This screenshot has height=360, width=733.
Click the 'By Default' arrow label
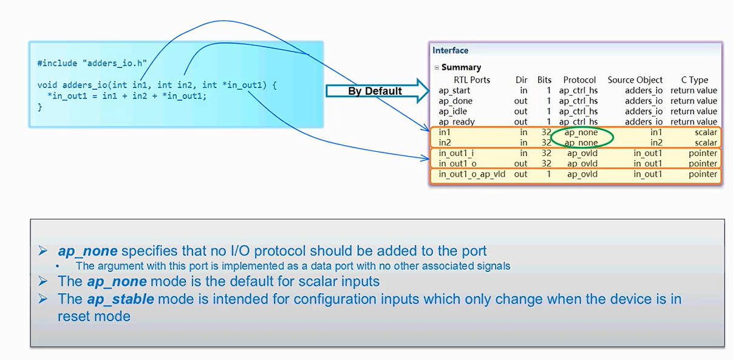tap(375, 91)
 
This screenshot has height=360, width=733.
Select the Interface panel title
tap(450, 50)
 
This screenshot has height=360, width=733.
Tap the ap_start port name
tap(454, 90)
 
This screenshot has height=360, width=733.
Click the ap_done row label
tap(455, 101)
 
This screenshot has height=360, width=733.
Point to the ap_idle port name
tap(453, 111)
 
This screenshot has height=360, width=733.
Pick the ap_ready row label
tap(457, 122)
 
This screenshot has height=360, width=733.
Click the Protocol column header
tap(579, 80)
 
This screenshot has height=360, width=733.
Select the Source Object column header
tap(635, 80)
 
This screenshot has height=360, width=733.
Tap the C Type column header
tap(694, 80)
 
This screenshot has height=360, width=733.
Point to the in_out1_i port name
tap(456, 153)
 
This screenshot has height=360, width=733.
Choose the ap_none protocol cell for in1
tap(581, 132)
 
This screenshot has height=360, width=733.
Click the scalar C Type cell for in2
tap(706, 143)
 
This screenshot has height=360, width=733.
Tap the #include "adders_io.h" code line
tap(92, 63)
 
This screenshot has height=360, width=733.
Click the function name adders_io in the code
tap(83, 85)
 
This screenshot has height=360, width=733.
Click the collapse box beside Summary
tap(437, 67)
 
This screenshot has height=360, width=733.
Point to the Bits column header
tap(544, 80)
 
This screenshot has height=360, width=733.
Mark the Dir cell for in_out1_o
tap(520, 163)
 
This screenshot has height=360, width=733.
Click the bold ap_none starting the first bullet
tap(87, 251)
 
